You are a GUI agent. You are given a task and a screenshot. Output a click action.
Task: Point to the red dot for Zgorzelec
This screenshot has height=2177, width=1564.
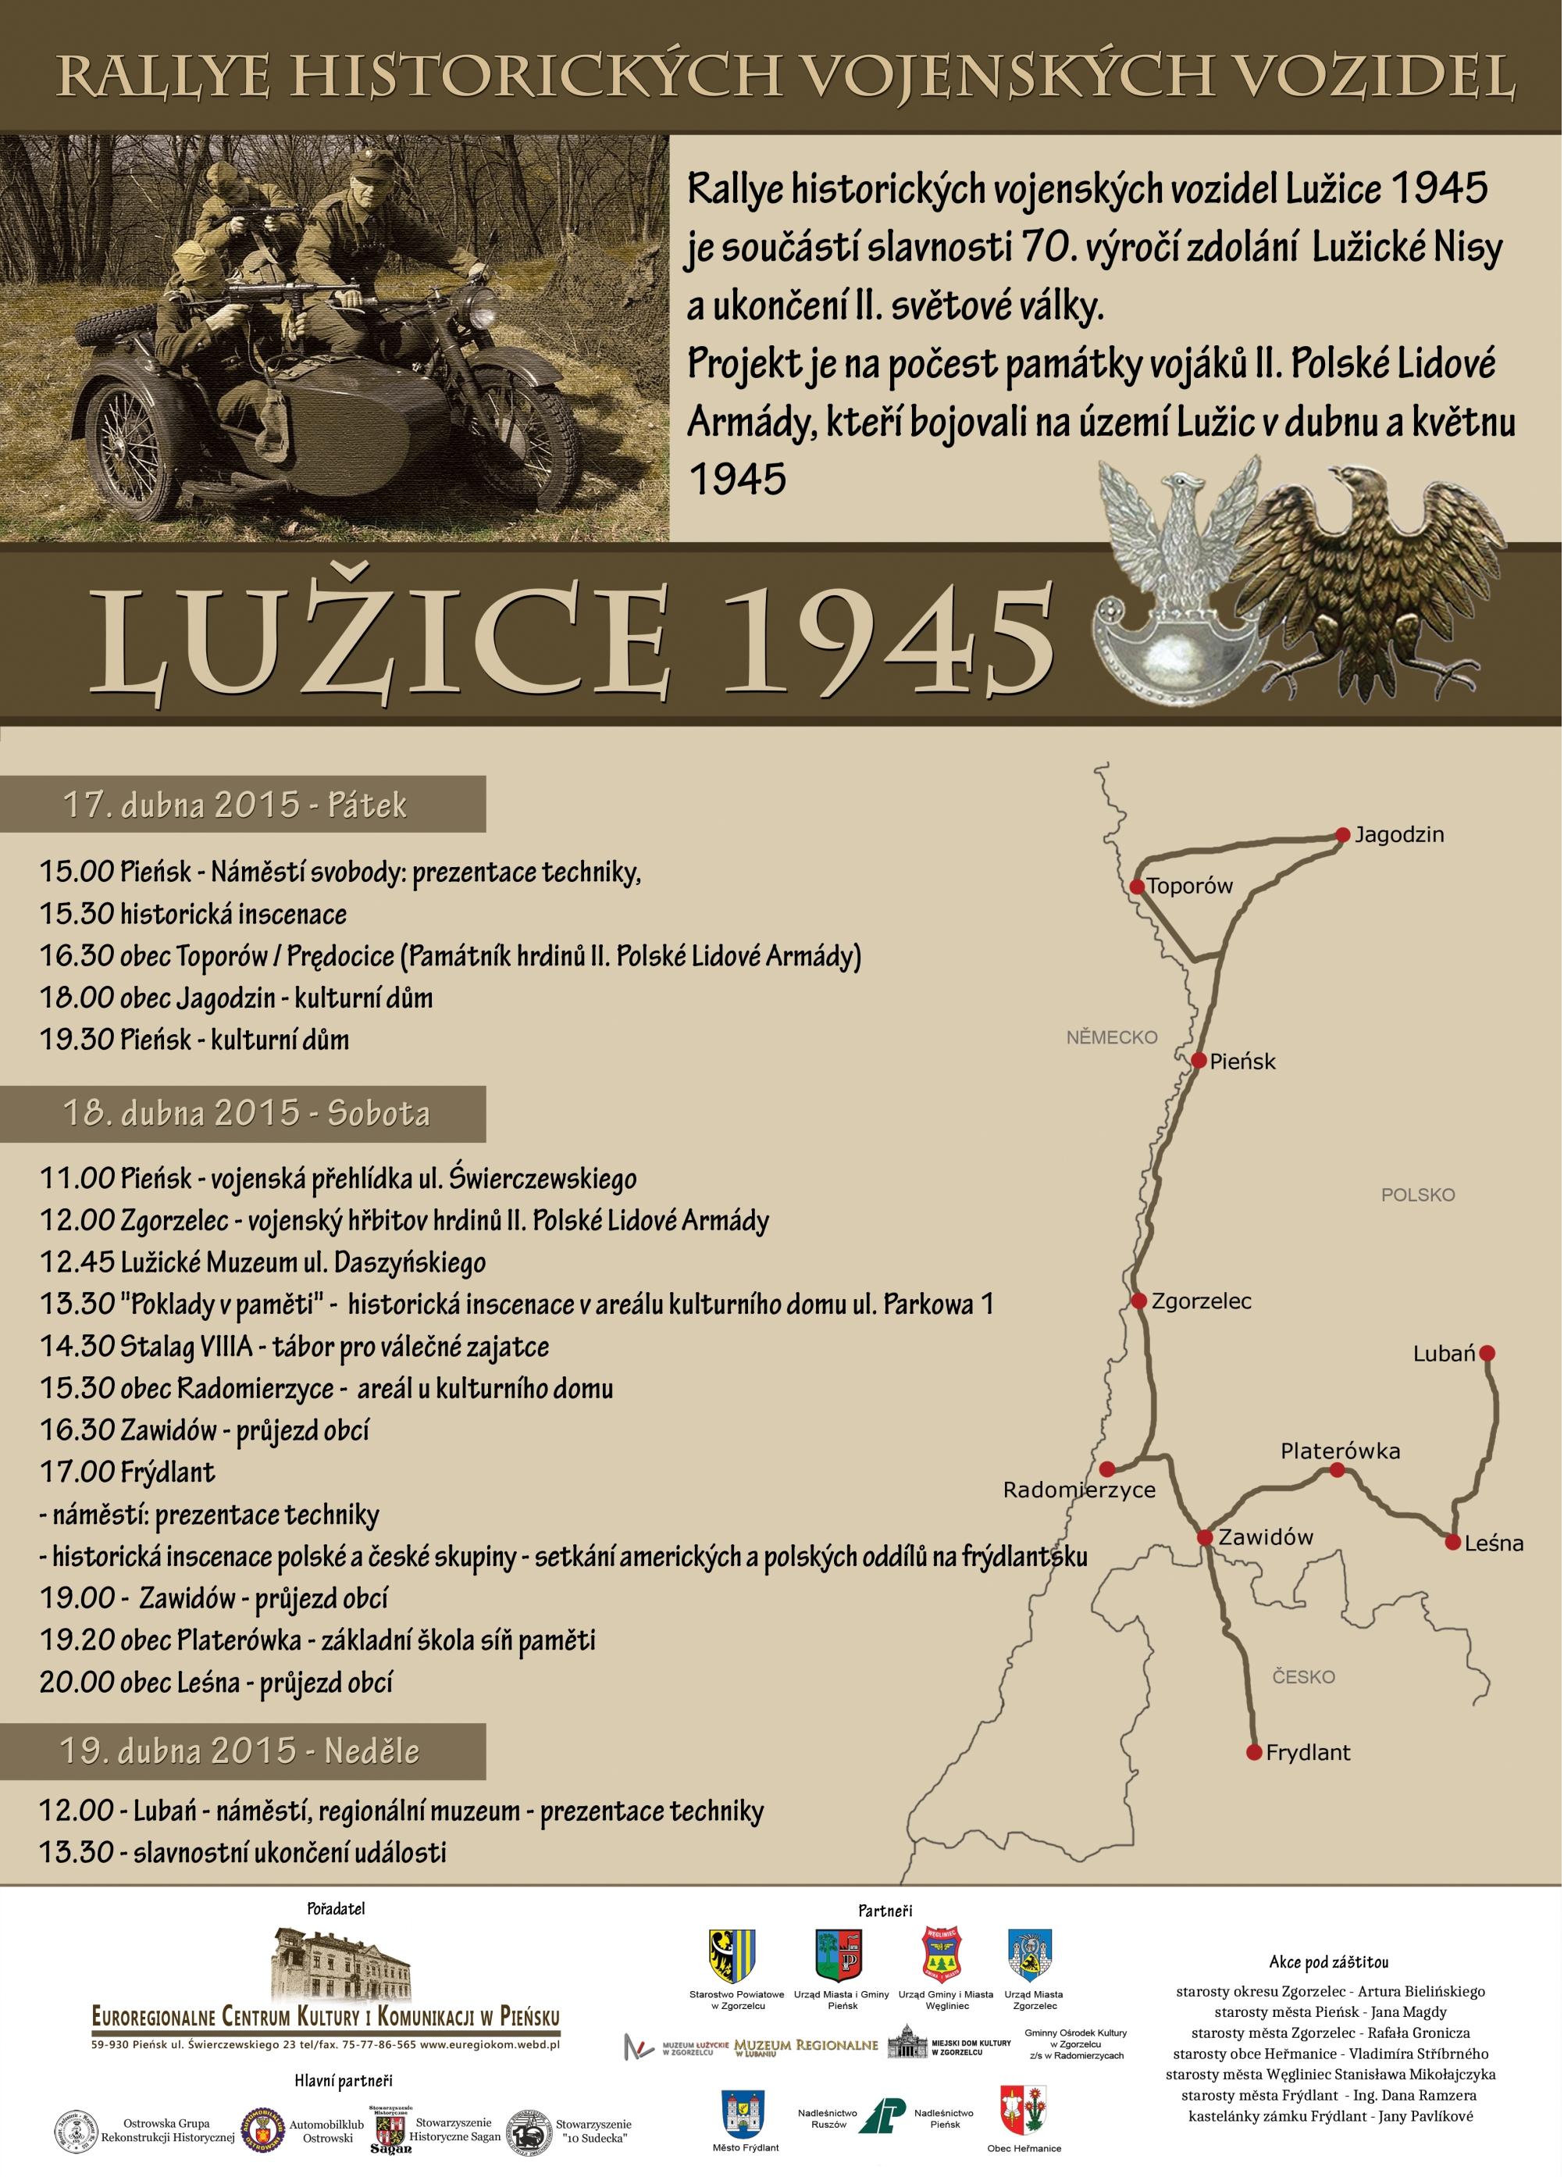pos(1139,1301)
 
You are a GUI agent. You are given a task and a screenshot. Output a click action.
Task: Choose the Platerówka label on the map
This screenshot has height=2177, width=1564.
pos(1339,1451)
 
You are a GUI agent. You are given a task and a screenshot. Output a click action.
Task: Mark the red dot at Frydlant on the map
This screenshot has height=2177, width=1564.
pos(1253,1752)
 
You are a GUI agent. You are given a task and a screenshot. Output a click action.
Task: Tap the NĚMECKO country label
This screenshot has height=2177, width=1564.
pos(1112,1037)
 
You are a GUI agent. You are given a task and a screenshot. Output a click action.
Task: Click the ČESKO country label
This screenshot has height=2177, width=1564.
pos(1303,1677)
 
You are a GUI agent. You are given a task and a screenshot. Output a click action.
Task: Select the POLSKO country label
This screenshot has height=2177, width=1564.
pos(1418,1195)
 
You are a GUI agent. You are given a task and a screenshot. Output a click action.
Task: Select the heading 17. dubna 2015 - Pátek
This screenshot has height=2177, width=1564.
pos(235,805)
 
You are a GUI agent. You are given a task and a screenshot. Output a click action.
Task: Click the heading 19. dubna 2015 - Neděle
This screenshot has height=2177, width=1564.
pos(240,1750)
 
